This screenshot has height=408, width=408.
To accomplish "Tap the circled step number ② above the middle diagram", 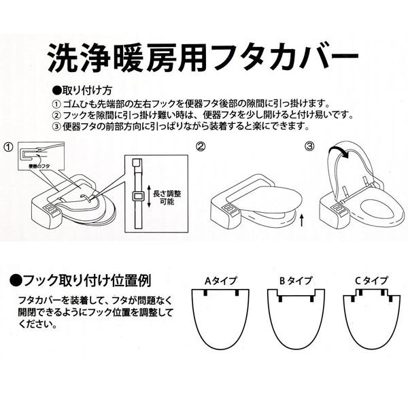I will pyautogui.click(x=201, y=146).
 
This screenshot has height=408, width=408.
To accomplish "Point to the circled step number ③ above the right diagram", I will pyautogui.click(x=310, y=146).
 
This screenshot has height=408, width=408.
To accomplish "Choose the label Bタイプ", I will pyautogui.click(x=295, y=280).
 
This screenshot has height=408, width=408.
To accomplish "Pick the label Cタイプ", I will pyautogui.click(x=371, y=280).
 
